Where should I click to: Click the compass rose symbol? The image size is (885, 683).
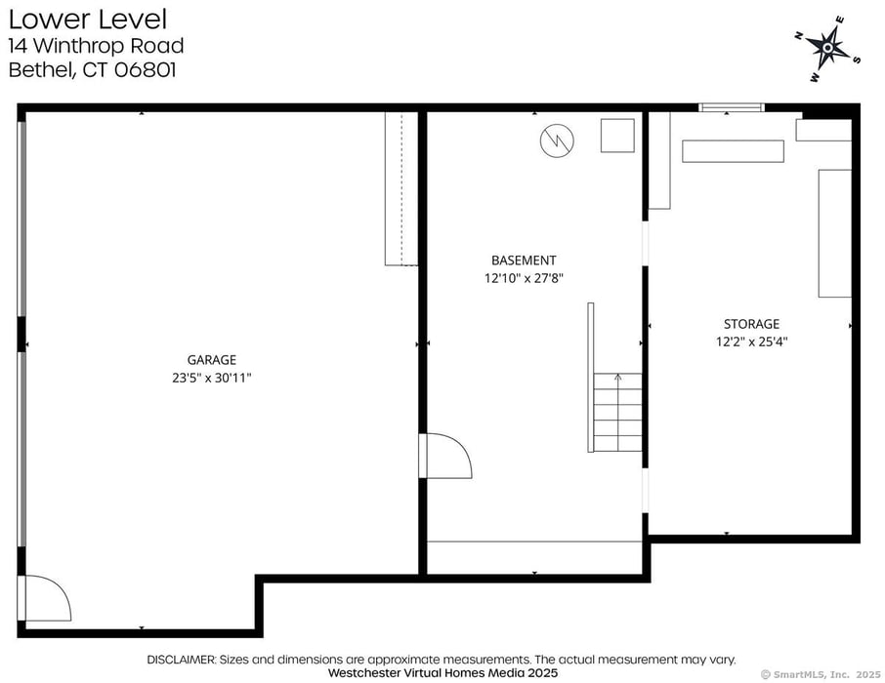tap(828, 45)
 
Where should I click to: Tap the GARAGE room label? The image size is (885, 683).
tap(212, 360)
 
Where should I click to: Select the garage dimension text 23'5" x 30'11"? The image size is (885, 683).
tap(212, 378)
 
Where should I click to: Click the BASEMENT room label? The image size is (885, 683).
tap(524, 261)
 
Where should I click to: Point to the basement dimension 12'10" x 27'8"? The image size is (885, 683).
tap(524, 278)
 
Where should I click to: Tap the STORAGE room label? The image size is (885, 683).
tap(751, 324)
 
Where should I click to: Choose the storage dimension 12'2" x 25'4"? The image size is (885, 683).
tap(751, 341)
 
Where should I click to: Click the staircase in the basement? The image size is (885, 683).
tap(617, 413)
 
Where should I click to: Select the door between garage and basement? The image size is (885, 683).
tap(444, 456)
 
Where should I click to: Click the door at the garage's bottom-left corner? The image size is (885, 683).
tap(45, 598)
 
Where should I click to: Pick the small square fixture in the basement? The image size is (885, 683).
tap(617, 136)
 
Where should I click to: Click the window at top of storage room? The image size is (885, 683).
tap(730, 107)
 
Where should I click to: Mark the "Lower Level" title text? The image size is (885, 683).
tap(88, 19)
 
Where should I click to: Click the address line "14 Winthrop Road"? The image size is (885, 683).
tap(96, 46)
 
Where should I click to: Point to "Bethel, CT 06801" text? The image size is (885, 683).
tap(92, 70)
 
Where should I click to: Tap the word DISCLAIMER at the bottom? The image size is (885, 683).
tap(181, 660)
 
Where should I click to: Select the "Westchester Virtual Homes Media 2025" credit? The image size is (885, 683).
tap(442, 673)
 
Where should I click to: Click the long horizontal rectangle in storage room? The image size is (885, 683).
tap(733, 151)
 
